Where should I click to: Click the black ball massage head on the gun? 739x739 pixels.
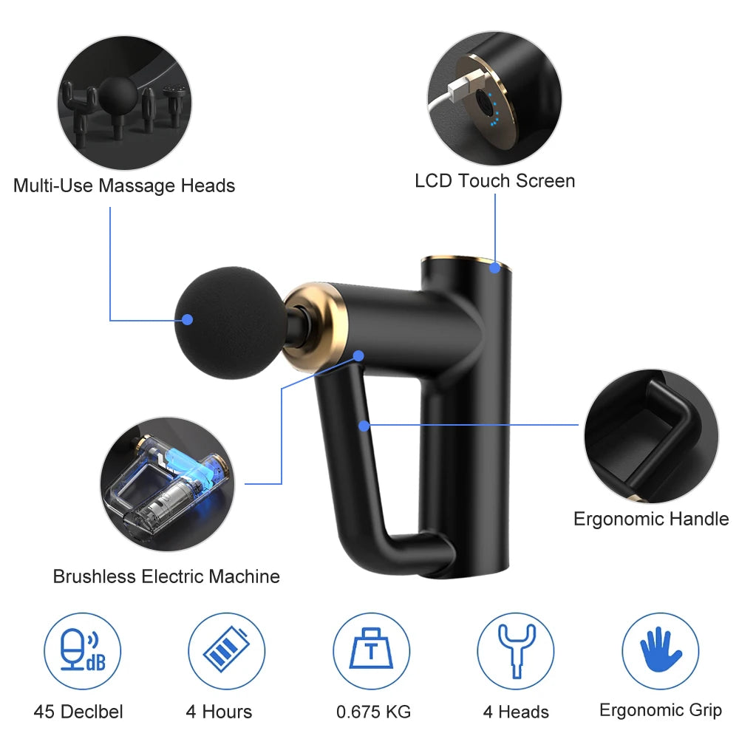231,323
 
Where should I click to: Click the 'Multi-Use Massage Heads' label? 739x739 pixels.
124,185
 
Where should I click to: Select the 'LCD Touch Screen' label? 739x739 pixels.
495,181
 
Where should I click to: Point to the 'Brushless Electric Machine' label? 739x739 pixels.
166,576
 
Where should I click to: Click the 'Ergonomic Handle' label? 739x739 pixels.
651,519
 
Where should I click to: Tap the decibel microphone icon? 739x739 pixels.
83,650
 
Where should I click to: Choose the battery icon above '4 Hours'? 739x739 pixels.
226,649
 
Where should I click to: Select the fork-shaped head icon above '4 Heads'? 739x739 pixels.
517,651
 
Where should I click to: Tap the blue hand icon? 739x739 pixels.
660,650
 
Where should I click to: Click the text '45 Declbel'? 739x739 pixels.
78,712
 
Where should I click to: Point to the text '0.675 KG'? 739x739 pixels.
374,712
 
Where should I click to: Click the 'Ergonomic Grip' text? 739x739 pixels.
661,711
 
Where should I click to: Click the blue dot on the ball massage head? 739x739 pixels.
188,320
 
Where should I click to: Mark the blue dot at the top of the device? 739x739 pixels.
494,268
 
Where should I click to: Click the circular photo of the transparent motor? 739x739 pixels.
167,484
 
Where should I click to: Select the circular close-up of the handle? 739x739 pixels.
652,436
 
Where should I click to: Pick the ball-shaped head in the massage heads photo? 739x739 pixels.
118,95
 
